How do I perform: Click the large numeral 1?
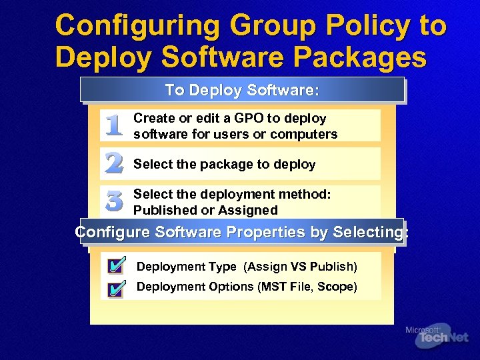pos(114,126)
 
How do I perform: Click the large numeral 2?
pos(114,163)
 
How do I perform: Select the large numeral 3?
pos(114,201)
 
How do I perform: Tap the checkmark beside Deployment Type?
pos(115,267)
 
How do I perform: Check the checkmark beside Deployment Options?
pos(115,288)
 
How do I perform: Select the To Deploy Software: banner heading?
pos(243,89)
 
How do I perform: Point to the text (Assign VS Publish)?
pos(301,267)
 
